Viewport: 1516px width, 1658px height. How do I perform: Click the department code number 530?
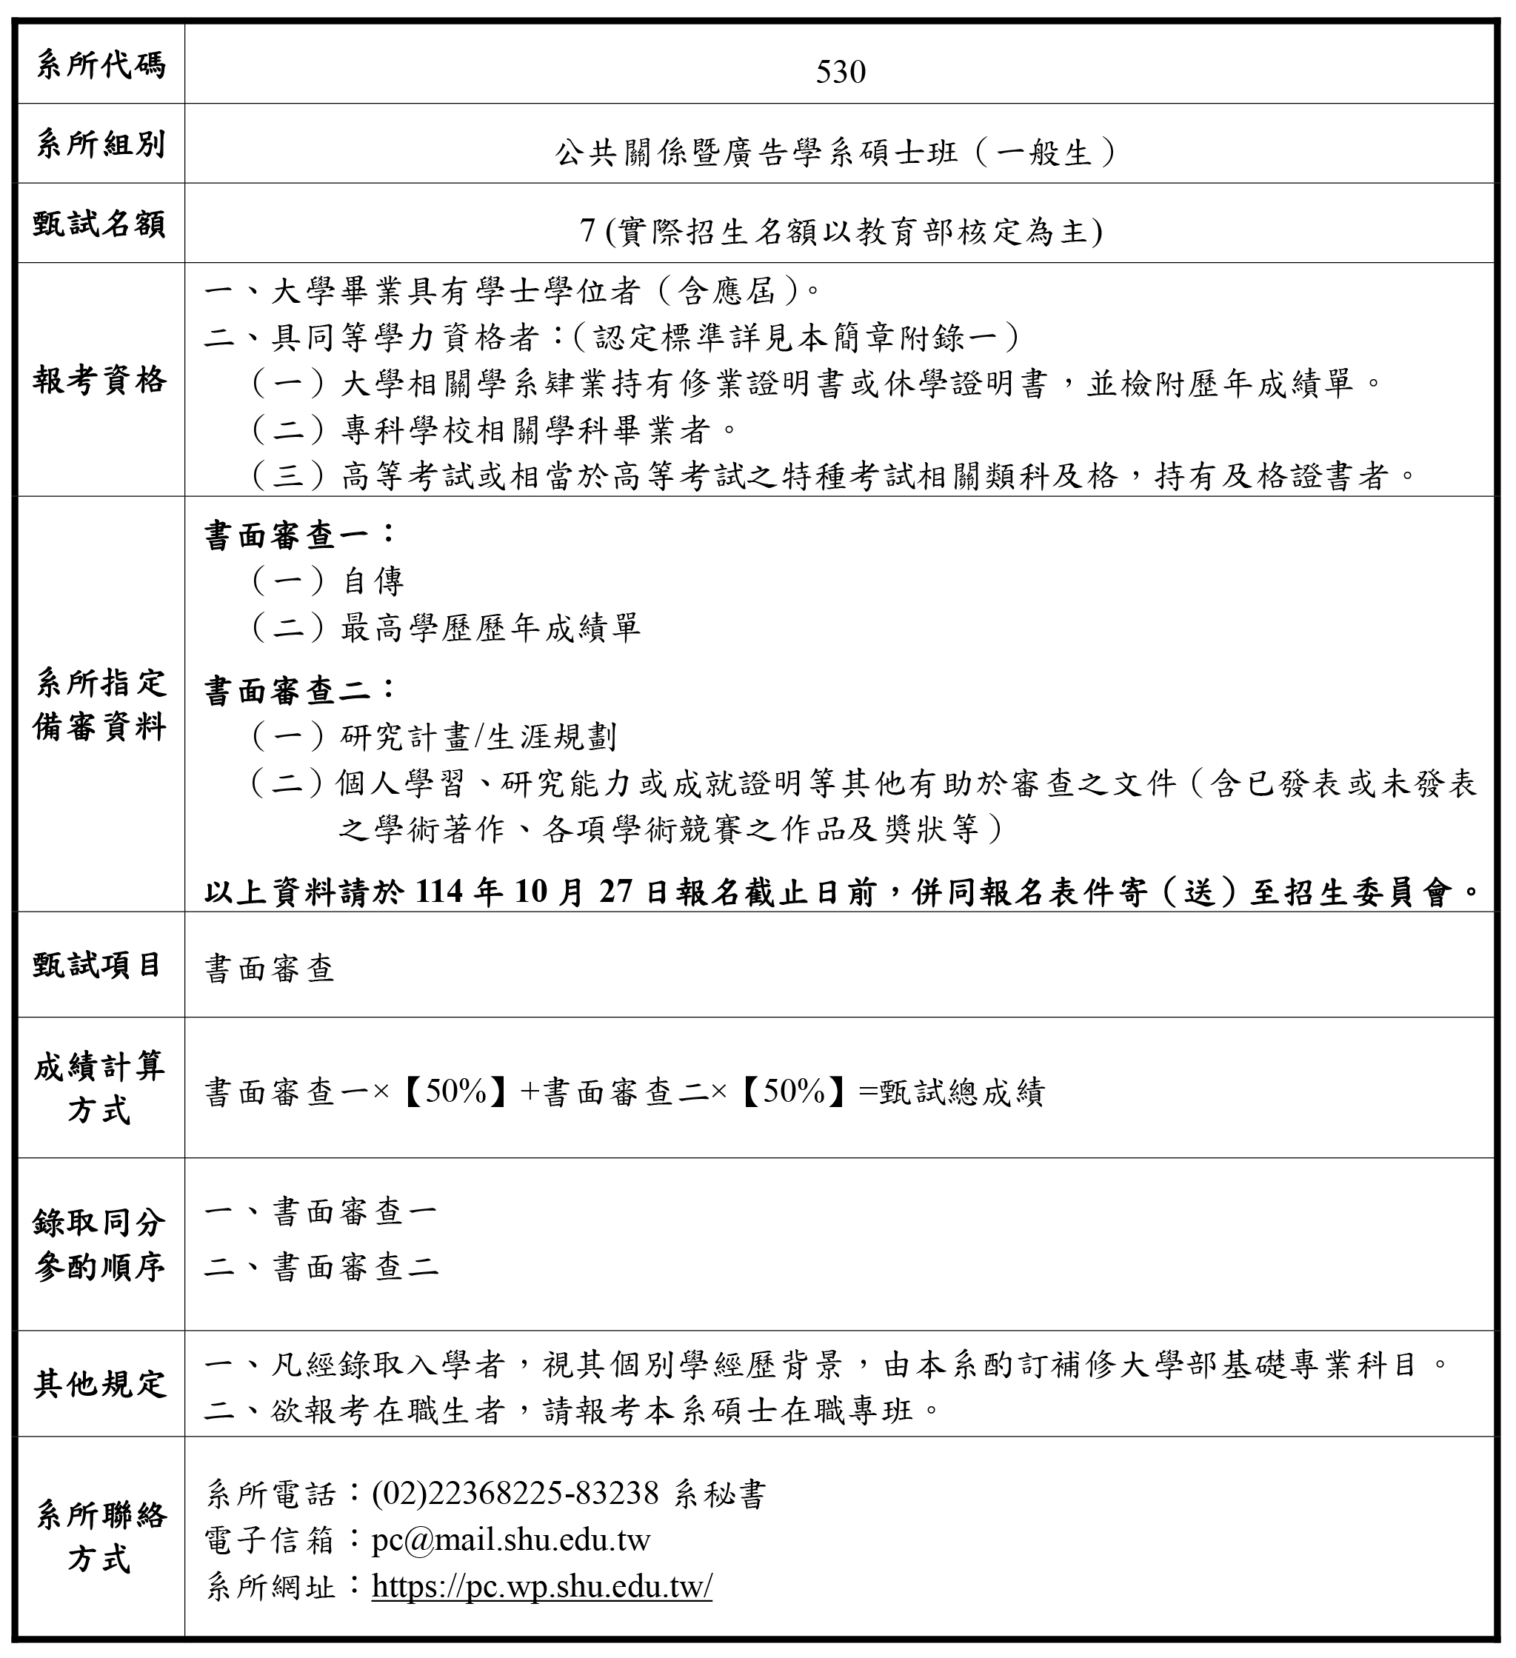click(840, 73)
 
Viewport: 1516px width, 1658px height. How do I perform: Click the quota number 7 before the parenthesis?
click(587, 232)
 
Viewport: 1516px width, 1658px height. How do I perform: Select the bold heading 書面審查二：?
click(300, 690)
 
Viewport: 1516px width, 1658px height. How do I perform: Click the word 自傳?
click(373, 581)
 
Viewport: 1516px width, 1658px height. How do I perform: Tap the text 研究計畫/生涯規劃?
click(478, 737)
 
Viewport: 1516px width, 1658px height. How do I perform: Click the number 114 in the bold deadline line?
click(441, 892)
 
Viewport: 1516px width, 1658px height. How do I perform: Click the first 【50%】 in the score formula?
click(455, 1092)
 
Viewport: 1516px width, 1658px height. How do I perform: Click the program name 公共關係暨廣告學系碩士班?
click(756, 153)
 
